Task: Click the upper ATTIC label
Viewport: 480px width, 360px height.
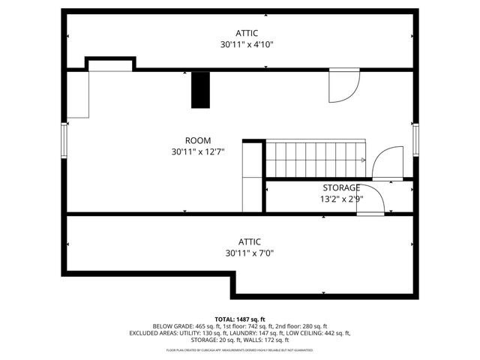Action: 247,33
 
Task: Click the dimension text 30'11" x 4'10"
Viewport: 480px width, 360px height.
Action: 247,45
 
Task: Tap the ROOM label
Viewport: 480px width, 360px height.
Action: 198,140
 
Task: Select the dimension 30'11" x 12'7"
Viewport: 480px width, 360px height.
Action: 198,152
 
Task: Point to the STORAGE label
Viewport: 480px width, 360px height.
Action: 341,187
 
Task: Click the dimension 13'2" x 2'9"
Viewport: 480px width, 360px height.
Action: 341,199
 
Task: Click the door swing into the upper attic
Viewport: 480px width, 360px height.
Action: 341,84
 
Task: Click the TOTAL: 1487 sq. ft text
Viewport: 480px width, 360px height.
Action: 240,319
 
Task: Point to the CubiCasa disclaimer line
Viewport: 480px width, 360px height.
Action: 240,349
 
